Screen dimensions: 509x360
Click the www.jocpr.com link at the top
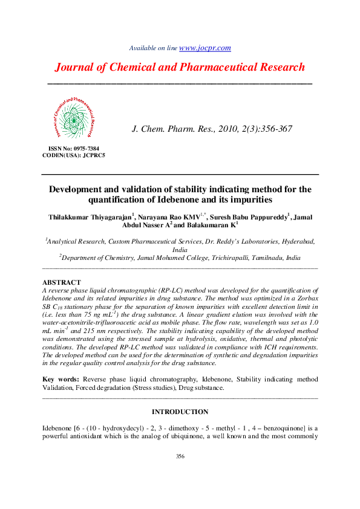[x=205, y=48]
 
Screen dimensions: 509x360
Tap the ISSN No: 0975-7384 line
[x=73, y=148]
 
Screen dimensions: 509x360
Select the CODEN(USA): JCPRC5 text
[x=74, y=155]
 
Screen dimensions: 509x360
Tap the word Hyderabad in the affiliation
[x=297, y=241]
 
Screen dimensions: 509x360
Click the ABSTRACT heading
[x=61, y=282]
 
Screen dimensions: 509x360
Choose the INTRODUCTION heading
[x=180, y=412]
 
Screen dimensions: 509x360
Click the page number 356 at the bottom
[x=180, y=456]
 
